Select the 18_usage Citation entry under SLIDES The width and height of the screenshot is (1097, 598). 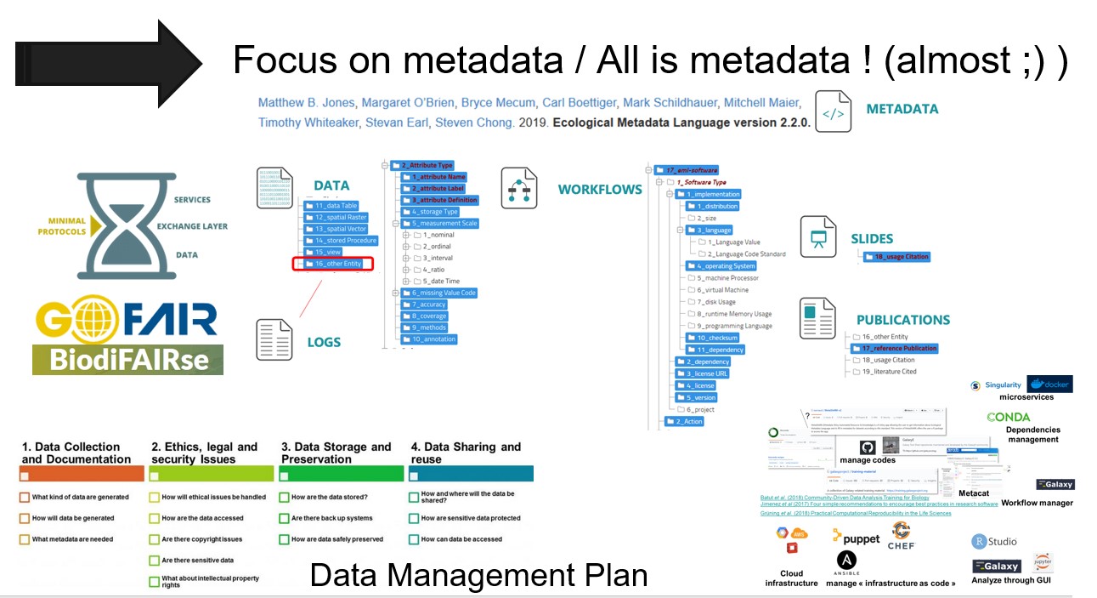pyautogui.click(x=896, y=257)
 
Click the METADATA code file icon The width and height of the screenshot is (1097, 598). pyautogui.click(x=833, y=111)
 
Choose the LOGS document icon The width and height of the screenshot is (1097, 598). pyautogui.click(x=274, y=338)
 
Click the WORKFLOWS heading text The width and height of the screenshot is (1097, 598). pyautogui.click(x=600, y=189)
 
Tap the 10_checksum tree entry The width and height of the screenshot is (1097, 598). pyautogui.click(x=712, y=338)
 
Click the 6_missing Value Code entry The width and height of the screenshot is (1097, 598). pyautogui.click(x=438, y=293)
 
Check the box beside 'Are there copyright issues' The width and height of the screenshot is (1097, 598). pyautogui.click(x=154, y=539)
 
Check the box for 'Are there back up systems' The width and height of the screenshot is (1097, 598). pyautogui.click(x=284, y=518)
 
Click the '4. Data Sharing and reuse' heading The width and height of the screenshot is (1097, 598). pyautogui.click(x=466, y=453)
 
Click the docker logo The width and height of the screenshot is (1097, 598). pyautogui.click(x=1049, y=384)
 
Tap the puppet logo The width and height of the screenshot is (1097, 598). pyautogui.click(x=857, y=537)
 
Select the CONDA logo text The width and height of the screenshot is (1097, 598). pyautogui.click(x=1009, y=418)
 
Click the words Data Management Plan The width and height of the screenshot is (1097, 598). pyautogui.click(x=478, y=576)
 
